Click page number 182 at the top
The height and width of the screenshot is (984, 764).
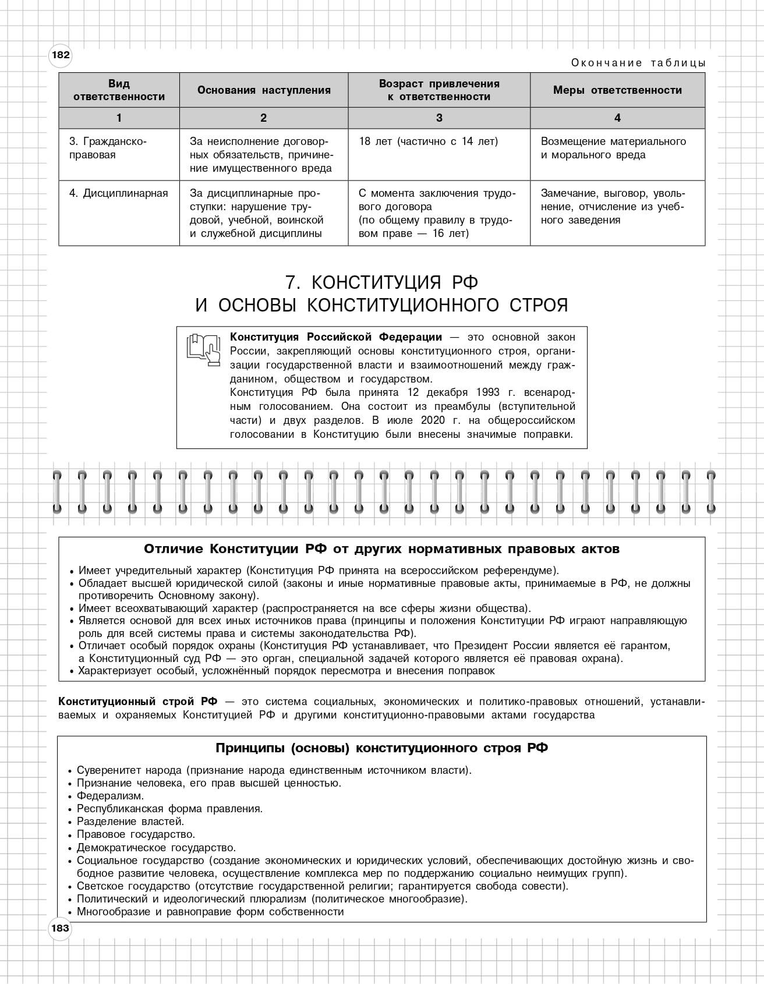(61, 55)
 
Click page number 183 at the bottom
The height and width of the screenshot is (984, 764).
(60, 928)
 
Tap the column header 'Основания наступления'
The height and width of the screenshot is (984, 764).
(264, 90)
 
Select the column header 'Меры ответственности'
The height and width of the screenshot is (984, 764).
(617, 90)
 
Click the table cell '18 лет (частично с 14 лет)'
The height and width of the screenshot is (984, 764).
(429, 141)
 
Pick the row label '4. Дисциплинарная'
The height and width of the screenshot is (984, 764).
(118, 193)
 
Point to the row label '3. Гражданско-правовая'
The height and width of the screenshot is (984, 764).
(108, 148)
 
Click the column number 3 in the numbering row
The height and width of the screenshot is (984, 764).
(439, 118)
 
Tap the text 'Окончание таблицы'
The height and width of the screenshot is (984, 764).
(638, 63)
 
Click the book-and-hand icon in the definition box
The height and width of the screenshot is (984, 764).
(203, 349)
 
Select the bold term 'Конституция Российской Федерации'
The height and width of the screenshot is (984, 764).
(336, 337)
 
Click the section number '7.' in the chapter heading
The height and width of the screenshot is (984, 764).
(292, 282)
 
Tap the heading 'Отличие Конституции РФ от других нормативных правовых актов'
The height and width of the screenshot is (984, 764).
(381, 549)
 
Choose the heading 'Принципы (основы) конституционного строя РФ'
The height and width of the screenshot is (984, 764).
(381, 748)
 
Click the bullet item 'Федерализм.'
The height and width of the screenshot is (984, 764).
(110, 796)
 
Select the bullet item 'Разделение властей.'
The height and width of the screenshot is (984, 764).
(130, 822)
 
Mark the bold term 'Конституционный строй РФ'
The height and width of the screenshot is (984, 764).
(137, 702)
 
